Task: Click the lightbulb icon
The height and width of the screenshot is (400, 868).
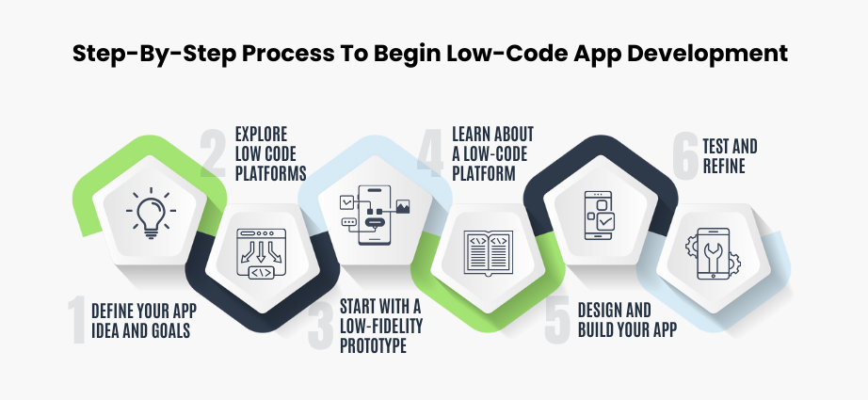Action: tap(151, 213)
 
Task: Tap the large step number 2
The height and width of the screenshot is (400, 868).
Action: tap(213, 150)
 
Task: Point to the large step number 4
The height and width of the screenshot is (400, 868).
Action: tap(430, 150)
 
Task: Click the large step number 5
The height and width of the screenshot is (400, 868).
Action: tap(557, 318)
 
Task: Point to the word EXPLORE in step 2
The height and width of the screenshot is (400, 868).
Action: tap(262, 133)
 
